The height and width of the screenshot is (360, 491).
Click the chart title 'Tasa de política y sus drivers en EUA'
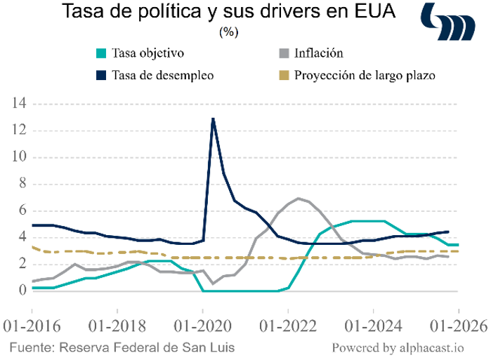pyautogui.click(x=228, y=13)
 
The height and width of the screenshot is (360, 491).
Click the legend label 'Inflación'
pyautogui.click(x=319, y=53)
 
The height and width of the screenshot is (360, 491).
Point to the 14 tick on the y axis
pyautogui.click(x=18, y=104)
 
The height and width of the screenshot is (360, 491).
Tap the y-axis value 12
pyautogui.click(x=18, y=131)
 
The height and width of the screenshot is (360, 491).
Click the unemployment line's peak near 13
pyautogui.click(x=213, y=119)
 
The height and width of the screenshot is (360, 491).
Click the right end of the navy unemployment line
pyautogui.click(x=449, y=232)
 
